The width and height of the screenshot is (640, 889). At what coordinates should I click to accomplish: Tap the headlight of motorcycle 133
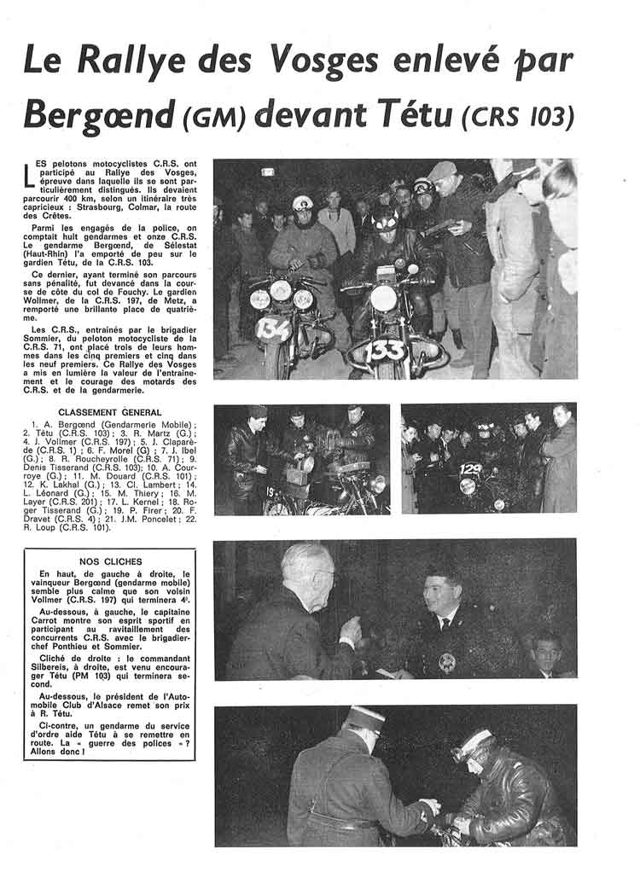[x=383, y=298]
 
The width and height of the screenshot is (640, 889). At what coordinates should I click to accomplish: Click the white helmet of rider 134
[x=303, y=203]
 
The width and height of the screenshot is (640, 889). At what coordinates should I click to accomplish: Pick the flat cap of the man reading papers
[x=443, y=171]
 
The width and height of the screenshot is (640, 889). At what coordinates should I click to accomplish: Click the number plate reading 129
[x=470, y=468]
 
